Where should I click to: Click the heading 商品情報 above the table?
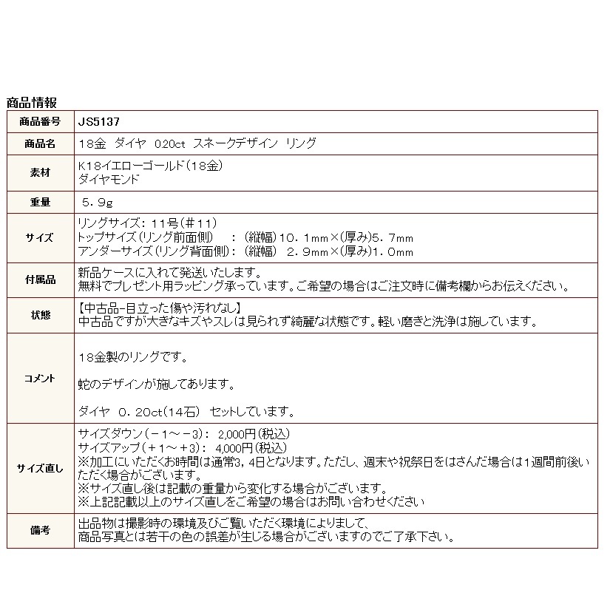[x=31, y=102]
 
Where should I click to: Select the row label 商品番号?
[x=41, y=121]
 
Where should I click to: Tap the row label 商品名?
[x=41, y=143]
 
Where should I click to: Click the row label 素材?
[x=41, y=172]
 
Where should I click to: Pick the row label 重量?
[x=41, y=202]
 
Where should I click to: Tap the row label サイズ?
[x=41, y=237]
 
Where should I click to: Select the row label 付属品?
[x=41, y=279]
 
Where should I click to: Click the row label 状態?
[x=41, y=315]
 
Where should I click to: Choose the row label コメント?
[x=41, y=378]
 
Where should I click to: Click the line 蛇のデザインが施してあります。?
[x=156, y=384]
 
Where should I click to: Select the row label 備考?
[x=41, y=530]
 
